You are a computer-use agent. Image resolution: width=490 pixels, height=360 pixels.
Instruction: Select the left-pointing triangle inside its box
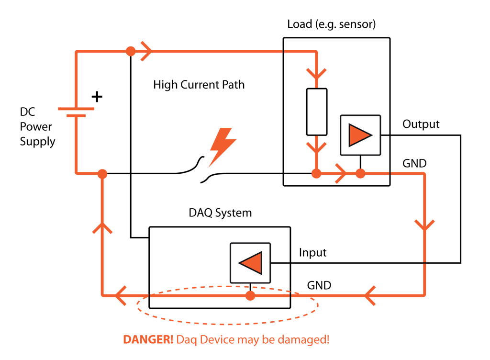coord(251,263)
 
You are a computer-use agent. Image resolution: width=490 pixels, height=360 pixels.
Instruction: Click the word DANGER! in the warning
coord(148,340)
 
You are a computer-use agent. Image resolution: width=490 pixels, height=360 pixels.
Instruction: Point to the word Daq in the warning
coord(186,340)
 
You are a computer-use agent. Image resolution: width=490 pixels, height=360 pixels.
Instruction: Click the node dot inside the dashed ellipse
coord(250,296)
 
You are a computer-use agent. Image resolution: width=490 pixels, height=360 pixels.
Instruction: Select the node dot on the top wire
coord(131,51)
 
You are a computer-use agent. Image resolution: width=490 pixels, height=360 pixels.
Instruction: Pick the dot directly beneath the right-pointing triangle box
coord(360,173)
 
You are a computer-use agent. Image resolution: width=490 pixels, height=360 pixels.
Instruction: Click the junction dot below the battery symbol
coord(102,174)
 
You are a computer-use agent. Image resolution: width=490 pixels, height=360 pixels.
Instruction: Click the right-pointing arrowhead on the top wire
coord(146,51)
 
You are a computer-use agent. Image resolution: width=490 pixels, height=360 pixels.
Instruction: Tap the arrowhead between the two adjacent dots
coord(341,173)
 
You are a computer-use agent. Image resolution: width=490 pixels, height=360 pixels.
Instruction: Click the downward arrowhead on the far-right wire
coord(424,225)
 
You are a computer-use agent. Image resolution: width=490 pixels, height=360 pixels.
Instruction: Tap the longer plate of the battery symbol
coord(76,109)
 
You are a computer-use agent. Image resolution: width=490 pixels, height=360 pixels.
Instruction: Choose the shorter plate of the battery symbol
coord(76,115)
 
